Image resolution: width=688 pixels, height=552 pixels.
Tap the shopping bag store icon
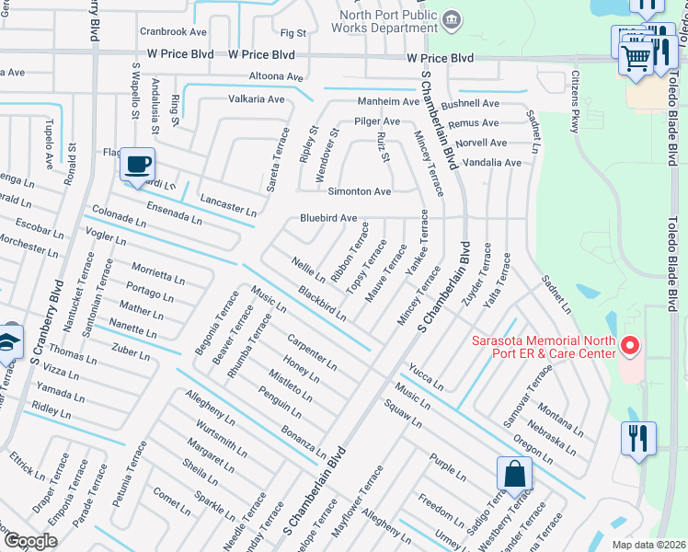(x=516, y=475)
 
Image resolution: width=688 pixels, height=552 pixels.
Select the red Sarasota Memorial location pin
(x=630, y=347)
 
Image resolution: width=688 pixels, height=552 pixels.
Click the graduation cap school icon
(x=8, y=340)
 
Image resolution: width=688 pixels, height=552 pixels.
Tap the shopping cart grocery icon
(x=636, y=58)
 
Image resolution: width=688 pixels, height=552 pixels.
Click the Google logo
(x=29, y=541)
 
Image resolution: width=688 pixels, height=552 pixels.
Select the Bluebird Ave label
(x=328, y=218)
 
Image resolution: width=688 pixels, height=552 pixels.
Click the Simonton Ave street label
(x=360, y=191)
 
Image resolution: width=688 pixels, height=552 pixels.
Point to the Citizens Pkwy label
(x=577, y=103)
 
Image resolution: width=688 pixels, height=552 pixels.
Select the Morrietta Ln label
(x=157, y=274)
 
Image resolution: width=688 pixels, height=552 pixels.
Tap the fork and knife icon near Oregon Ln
(x=637, y=438)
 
